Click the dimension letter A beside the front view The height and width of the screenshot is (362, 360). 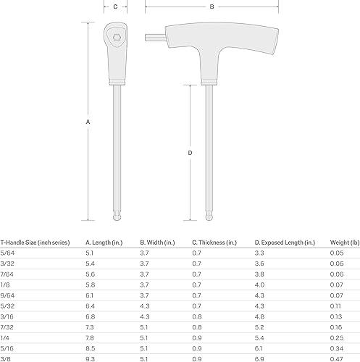88,122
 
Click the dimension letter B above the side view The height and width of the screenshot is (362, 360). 212,7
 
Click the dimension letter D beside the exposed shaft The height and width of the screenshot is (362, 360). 190,153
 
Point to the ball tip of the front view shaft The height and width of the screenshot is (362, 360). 115,216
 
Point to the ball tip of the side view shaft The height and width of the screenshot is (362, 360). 209,216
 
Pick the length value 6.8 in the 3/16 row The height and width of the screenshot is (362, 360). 91,316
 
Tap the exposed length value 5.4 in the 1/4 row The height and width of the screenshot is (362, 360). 259,337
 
